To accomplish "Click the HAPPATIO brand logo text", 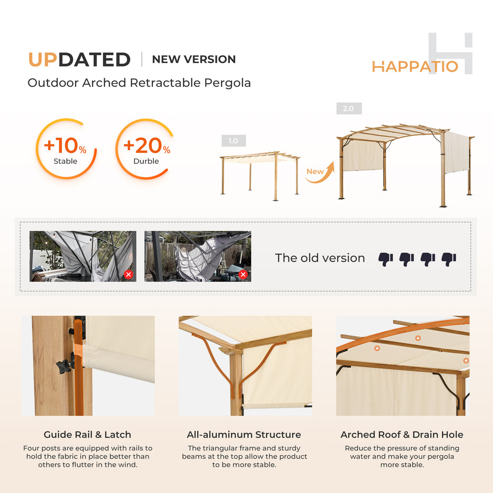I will [x=414, y=67].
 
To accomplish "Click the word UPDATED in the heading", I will [x=79, y=60].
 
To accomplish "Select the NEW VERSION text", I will [x=194, y=59].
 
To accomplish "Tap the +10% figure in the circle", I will [x=65, y=146].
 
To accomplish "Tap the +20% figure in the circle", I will [x=147, y=146].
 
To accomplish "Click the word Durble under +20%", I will [x=146, y=161].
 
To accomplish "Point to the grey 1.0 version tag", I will [x=233, y=141].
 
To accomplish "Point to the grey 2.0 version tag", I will [x=348, y=109].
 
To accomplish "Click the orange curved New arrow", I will [x=320, y=174].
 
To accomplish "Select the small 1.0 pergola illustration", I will [x=260, y=175].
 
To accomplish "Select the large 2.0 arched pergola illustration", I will [x=405, y=164].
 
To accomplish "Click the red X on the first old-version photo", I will [x=128, y=274].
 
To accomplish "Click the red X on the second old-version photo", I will [x=243, y=274].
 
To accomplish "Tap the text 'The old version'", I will [x=320, y=258].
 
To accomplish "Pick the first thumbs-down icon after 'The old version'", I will [x=386, y=259].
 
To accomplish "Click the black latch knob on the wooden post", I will [x=63, y=365].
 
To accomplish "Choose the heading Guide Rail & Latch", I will [x=87, y=435].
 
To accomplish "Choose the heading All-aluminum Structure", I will [x=244, y=435].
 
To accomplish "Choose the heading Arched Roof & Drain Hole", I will [x=402, y=435].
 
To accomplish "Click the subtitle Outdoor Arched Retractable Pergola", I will [x=139, y=83].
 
